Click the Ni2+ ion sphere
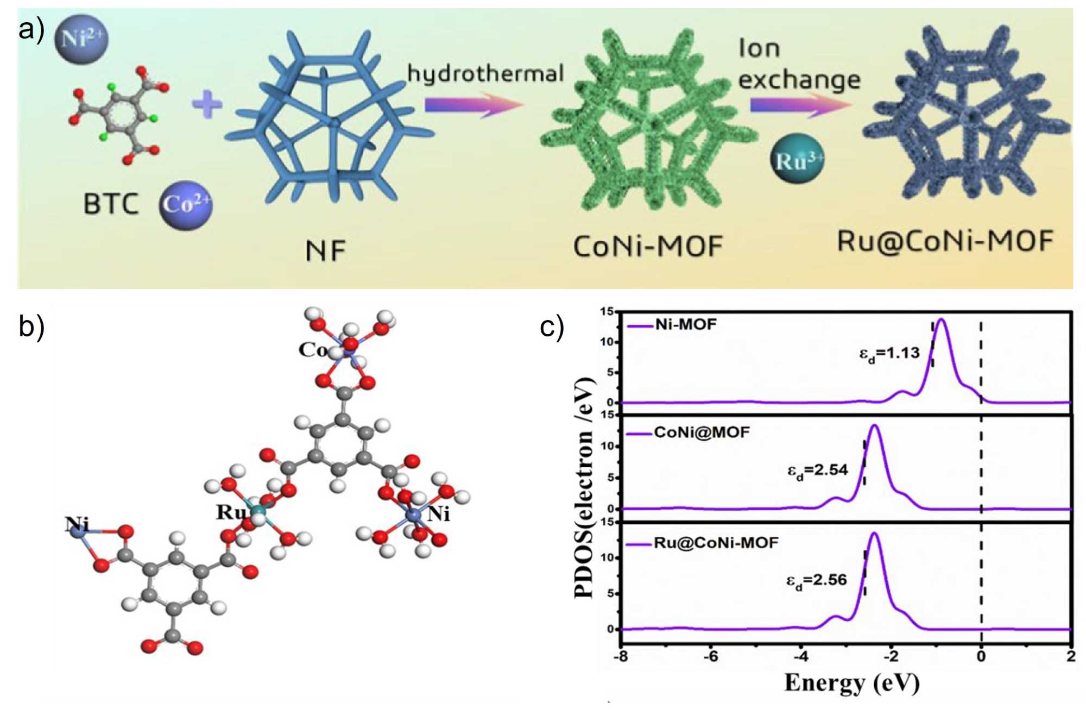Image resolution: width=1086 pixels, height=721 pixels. pyautogui.click(x=81, y=39)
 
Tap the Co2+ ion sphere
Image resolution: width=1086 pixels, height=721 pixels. pyautogui.click(x=186, y=205)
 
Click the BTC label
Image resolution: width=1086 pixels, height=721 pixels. pyautogui.click(x=111, y=205)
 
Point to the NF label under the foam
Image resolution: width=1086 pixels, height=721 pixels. pyautogui.click(x=325, y=251)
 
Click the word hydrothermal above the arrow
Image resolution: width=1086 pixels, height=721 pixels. pyautogui.click(x=485, y=73)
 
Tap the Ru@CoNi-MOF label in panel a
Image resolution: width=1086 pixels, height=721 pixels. pyautogui.click(x=945, y=241)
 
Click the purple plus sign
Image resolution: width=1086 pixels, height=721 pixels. pyautogui.click(x=207, y=104)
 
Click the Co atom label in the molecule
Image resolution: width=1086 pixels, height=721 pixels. pyautogui.click(x=313, y=350)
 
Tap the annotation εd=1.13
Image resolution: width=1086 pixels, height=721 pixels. pyautogui.click(x=889, y=354)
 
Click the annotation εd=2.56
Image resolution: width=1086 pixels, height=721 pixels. pyautogui.click(x=817, y=581)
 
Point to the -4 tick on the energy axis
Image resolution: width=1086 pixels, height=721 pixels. pyautogui.click(x=801, y=657)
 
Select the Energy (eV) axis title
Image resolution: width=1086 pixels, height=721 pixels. pyautogui.click(x=851, y=683)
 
